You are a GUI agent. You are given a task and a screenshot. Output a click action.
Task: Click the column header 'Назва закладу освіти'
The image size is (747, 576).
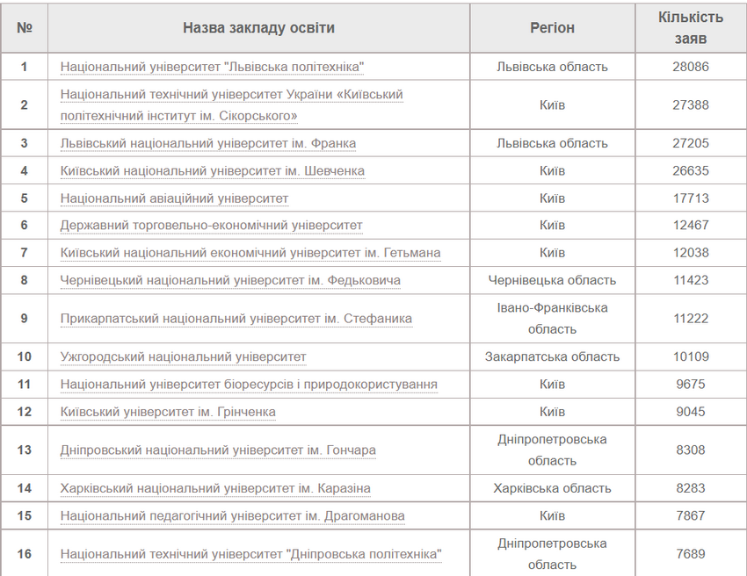pyautogui.click(x=258, y=28)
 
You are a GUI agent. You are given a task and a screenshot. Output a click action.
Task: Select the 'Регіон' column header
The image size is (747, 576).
pyautogui.click(x=552, y=28)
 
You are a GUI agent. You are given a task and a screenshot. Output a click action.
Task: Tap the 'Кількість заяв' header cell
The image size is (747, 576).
pyautogui.click(x=690, y=28)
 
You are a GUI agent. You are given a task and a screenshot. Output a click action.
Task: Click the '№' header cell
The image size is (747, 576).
pyautogui.click(x=25, y=28)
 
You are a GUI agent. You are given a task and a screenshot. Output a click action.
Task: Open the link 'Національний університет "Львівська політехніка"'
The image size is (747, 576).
pyautogui.click(x=212, y=67)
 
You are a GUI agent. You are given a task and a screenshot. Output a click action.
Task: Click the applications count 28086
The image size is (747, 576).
pyautogui.click(x=691, y=67)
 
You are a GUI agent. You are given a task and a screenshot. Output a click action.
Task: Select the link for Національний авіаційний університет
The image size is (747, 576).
pyautogui.click(x=174, y=198)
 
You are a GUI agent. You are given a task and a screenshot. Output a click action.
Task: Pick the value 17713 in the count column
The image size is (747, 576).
pyautogui.click(x=691, y=198)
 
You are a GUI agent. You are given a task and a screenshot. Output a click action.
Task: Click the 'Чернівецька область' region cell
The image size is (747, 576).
pyautogui.click(x=552, y=281)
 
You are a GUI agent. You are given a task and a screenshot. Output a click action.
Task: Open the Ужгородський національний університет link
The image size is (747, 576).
pyautogui.click(x=183, y=357)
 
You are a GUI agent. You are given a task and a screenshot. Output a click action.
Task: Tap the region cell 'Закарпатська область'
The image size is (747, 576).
pyautogui.click(x=552, y=357)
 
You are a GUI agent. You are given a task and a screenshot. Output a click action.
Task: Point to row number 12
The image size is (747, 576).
pyautogui.click(x=25, y=412)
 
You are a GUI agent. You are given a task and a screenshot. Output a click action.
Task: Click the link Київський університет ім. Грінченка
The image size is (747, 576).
pyautogui.click(x=168, y=412)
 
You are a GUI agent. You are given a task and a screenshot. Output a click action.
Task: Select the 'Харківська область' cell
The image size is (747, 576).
pyautogui.click(x=552, y=488)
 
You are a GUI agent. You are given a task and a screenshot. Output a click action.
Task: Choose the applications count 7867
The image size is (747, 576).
pyautogui.click(x=691, y=515)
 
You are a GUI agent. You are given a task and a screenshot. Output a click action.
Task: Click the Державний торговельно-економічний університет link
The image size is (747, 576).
pyautogui.click(x=211, y=226)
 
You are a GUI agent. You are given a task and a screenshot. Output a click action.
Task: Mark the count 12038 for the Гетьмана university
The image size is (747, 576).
pyautogui.click(x=691, y=253)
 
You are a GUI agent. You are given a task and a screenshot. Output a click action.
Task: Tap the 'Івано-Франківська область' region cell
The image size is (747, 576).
pyautogui.click(x=552, y=319)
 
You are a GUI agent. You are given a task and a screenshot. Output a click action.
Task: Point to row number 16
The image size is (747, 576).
pyautogui.click(x=25, y=554)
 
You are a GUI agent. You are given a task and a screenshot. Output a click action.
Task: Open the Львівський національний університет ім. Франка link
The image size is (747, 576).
pyautogui.click(x=208, y=143)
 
